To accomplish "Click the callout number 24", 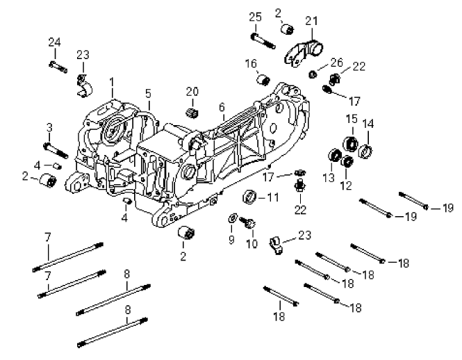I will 54,42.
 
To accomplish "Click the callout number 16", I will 251,63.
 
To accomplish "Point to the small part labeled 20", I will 192,112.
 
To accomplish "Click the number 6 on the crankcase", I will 221,107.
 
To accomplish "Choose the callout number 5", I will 148,92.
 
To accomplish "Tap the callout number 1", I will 112,81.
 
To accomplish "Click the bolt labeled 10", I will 247,223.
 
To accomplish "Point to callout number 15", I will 352,120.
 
